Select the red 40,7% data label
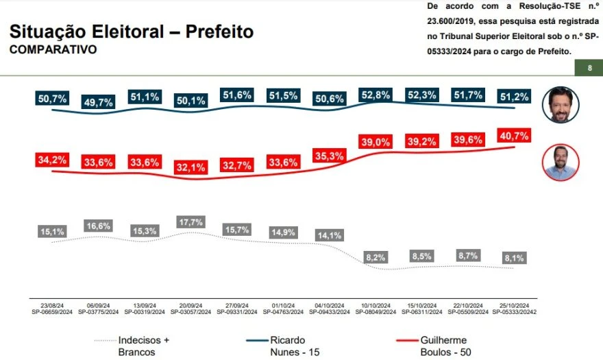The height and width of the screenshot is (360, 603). (x=514, y=136)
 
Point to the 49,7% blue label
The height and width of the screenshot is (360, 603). (x=97, y=102)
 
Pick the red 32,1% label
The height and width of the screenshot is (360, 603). (x=190, y=167)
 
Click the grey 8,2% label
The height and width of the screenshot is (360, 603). (x=376, y=257)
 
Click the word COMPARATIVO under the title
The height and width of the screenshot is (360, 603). (x=53, y=50)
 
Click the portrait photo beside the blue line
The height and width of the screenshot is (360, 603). (x=561, y=104)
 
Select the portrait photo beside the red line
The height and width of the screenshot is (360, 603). (x=560, y=163)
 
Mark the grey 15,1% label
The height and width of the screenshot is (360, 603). (x=51, y=232)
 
